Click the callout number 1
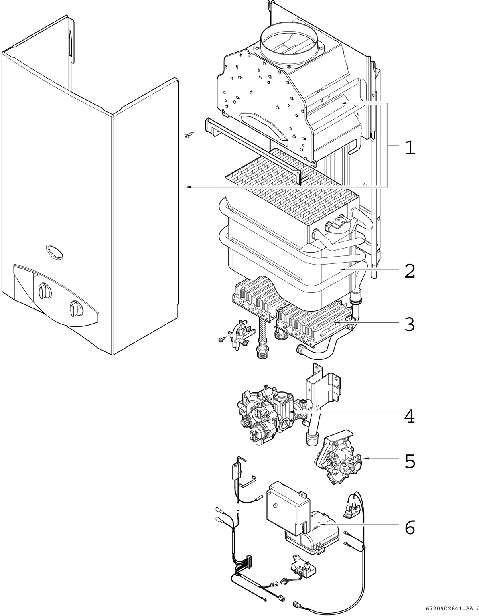click(x=409, y=148)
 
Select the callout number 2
click(x=409, y=272)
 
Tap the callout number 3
click(x=409, y=324)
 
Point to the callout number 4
click(x=409, y=417)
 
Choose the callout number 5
click(x=410, y=461)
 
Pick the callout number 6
click(x=410, y=527)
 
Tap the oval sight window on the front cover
click(x=55, y=251)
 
